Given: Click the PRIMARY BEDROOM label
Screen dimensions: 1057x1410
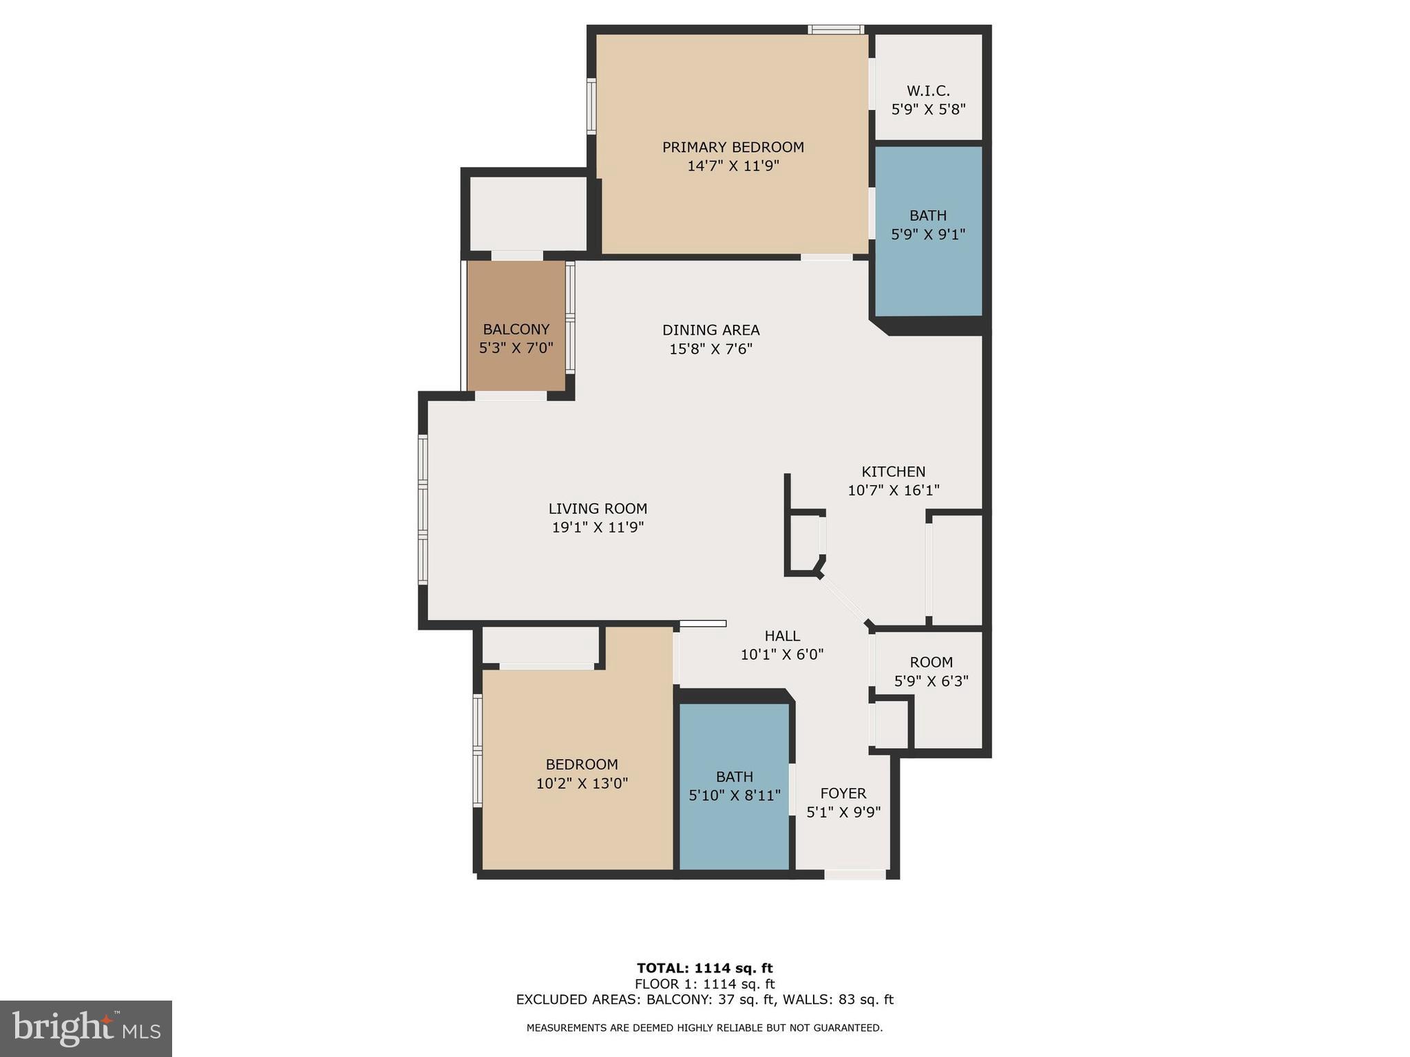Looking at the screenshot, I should point(733,147).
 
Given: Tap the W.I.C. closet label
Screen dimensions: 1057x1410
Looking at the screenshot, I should point(928,91).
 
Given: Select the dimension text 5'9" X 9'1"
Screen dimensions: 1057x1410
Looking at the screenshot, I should point(928,235).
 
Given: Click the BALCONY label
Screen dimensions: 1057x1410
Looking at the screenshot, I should point(516,330).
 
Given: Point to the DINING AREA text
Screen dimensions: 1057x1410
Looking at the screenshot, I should point(711,330).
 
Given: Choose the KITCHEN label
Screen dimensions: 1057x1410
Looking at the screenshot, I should point(893,472).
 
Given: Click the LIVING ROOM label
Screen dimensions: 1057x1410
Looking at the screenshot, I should point(598,509).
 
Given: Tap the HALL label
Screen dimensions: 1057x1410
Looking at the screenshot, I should point(782,637).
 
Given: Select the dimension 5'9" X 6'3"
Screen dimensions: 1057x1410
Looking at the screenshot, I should point(931,681).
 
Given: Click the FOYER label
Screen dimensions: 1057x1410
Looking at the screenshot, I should point(843,793).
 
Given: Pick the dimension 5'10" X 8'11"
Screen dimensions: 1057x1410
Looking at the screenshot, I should point(735,796).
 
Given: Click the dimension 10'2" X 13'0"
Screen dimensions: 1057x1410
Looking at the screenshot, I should point(582,783).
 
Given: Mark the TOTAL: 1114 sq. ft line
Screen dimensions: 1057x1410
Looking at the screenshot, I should point(704,968).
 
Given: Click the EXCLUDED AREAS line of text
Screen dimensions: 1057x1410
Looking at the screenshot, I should point(704,1000).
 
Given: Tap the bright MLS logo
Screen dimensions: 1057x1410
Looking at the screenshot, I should point(85,1028).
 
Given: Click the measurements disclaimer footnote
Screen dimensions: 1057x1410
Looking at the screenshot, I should point(704,1028).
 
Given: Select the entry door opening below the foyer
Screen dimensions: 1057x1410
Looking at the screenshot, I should point(855,875).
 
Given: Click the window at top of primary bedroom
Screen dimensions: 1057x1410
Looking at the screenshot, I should point(836,30).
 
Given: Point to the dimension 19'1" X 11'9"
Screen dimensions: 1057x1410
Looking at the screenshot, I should point(598,528).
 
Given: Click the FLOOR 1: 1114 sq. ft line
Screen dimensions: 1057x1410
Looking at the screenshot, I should point(704,984).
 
